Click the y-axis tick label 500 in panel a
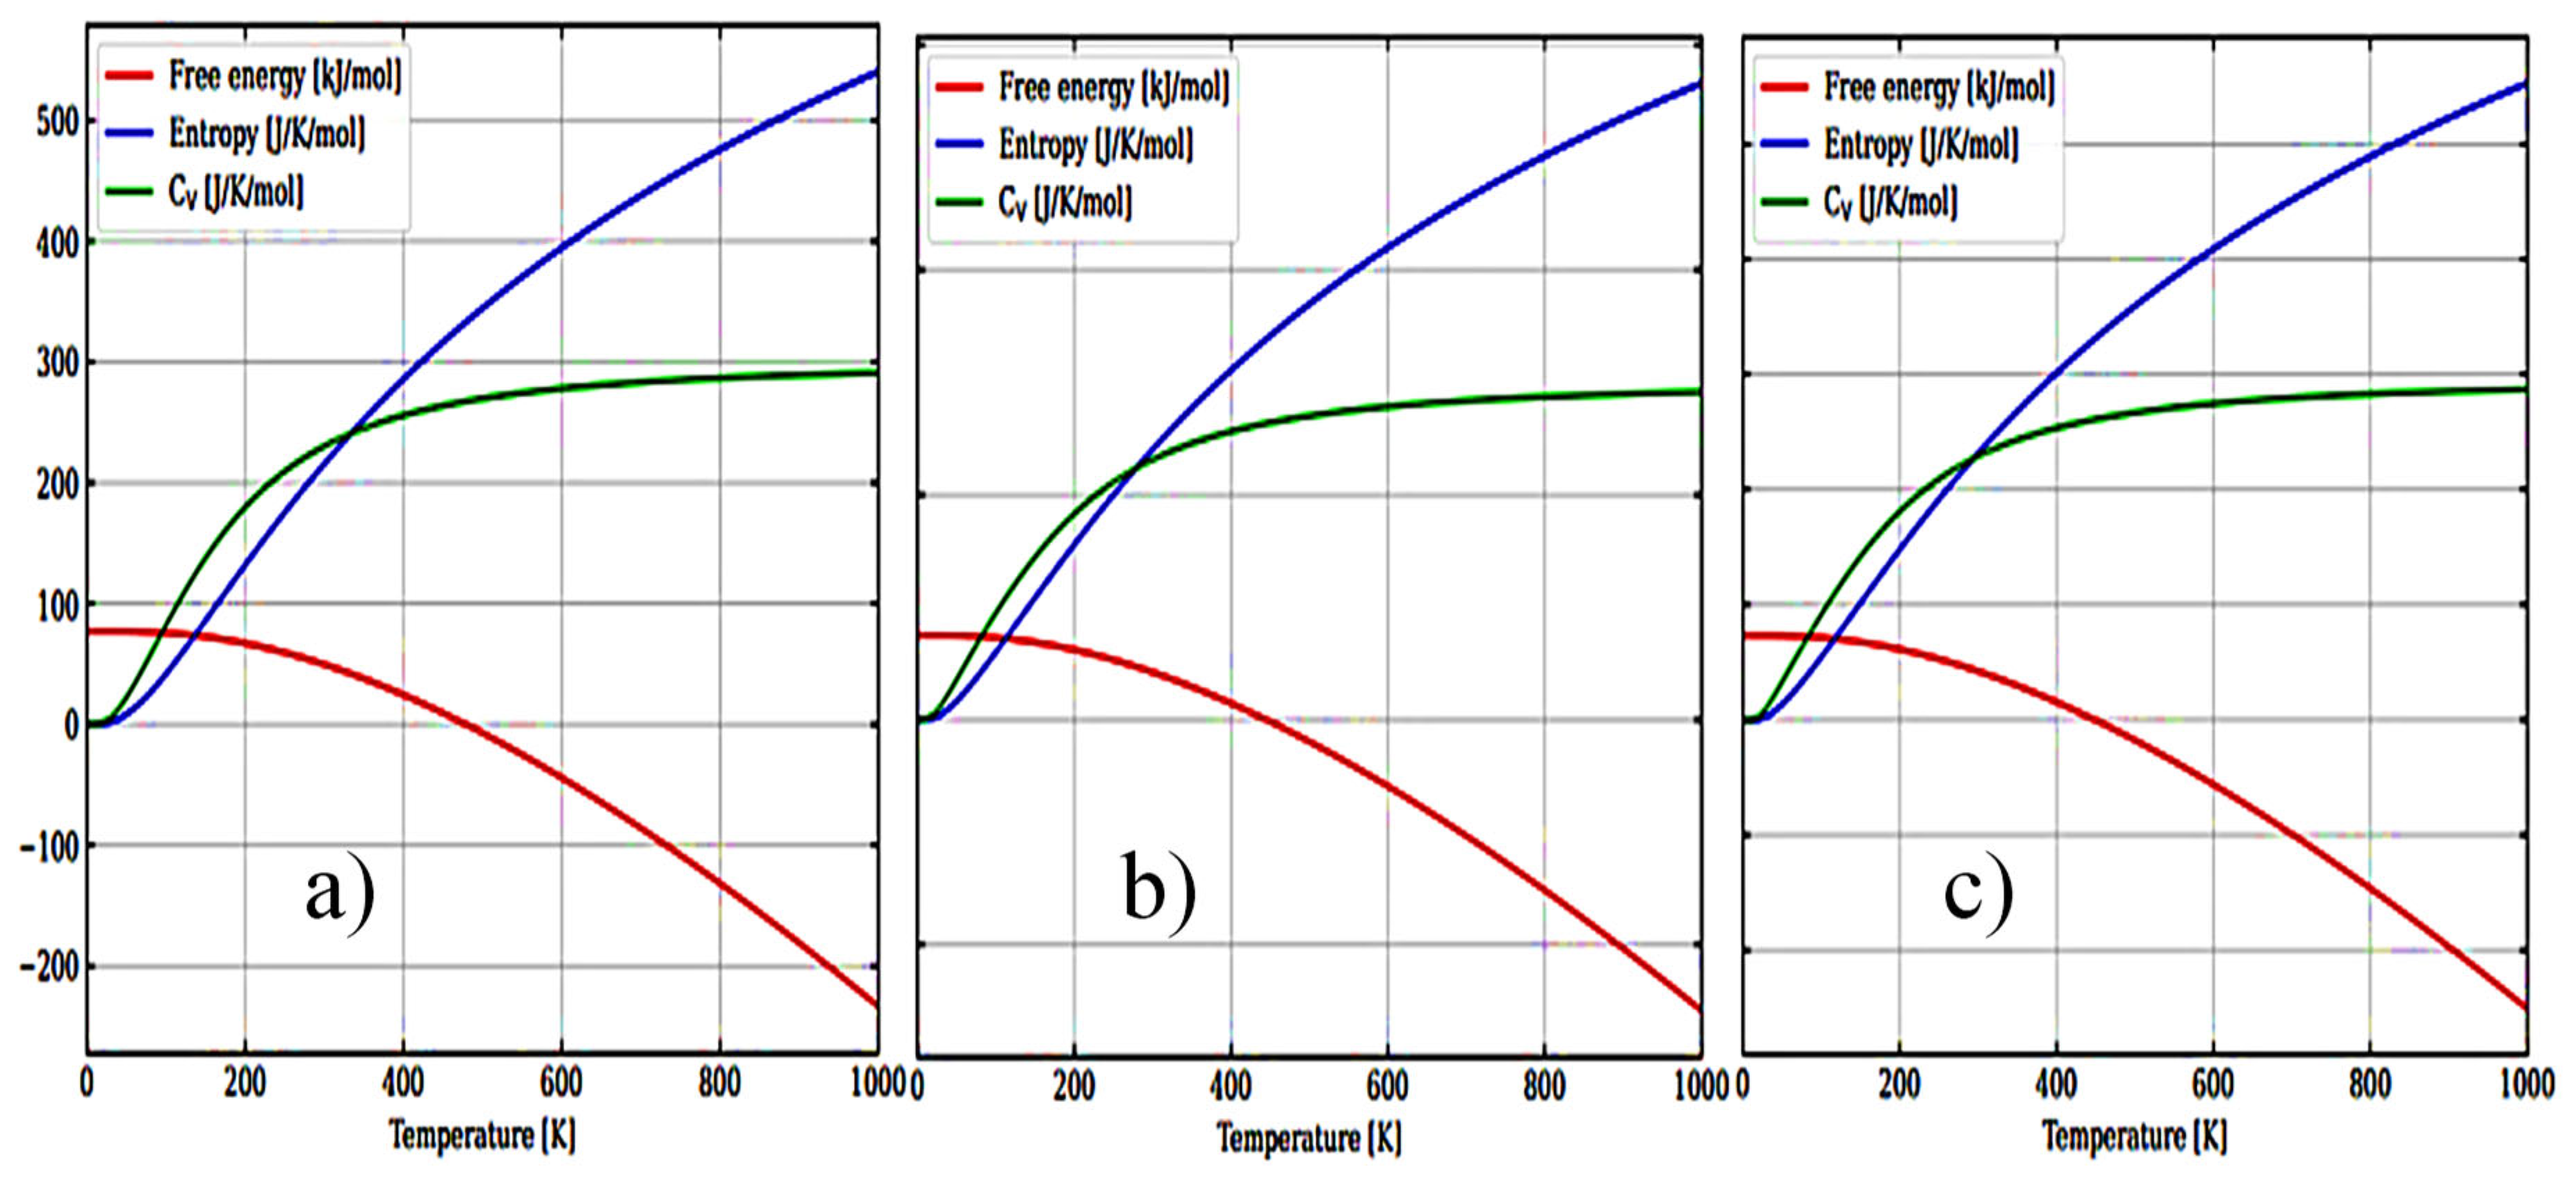(55, 122)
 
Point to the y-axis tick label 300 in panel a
(55, 364)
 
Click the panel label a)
(340, 893)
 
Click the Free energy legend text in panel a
(285, 76)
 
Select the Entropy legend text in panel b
(1096, 145)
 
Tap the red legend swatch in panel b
(960, 88)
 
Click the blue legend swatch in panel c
(1784, 144)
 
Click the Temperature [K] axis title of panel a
(482, 1135)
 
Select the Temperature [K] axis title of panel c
(2135, 1136)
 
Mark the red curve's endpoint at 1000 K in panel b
(1699, 1011)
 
